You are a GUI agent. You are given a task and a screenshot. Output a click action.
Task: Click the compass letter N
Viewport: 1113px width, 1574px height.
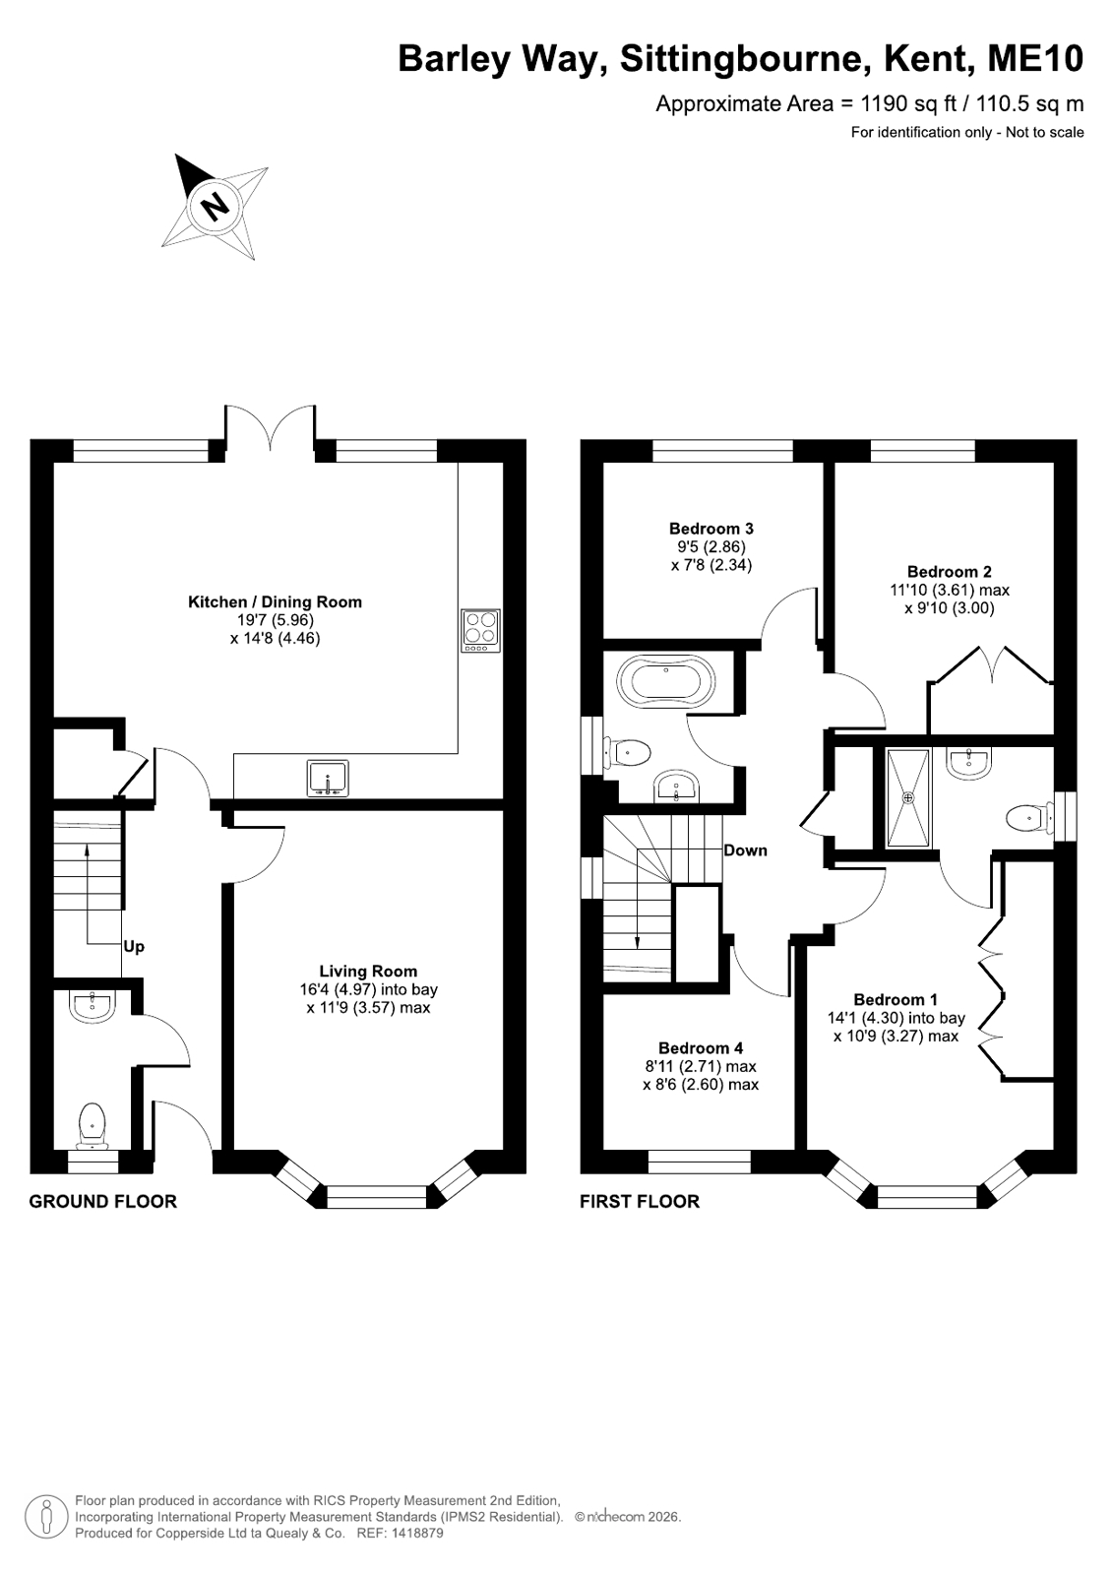pos(215,206)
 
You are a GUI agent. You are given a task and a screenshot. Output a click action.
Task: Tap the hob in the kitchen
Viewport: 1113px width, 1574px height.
pos(480,630)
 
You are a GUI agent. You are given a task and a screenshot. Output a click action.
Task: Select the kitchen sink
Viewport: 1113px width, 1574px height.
pos(328,779)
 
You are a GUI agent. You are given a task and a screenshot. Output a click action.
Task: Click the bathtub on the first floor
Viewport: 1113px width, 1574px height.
pos(665,680)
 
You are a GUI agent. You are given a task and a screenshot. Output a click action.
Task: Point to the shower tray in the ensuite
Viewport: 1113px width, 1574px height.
pos(908,798)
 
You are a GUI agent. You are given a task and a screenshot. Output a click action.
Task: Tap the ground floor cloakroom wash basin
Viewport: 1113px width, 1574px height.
pos(93,1006)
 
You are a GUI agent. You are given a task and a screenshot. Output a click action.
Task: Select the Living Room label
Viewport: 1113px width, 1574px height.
pos(368,972)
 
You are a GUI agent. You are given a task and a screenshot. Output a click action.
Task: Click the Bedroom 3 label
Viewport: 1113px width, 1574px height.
pos(711,529)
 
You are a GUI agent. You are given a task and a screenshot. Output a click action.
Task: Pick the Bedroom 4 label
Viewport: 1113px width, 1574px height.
pos(701,1047)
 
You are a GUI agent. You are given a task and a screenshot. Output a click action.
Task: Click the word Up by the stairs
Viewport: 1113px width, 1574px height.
pos(134,947)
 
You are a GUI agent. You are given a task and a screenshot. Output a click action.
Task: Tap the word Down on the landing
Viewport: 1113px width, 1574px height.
pos(746,850)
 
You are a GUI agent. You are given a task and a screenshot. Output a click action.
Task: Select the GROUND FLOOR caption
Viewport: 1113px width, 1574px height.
pos(102,1202)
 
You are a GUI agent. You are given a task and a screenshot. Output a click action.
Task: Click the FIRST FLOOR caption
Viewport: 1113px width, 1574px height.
pos(640,1202)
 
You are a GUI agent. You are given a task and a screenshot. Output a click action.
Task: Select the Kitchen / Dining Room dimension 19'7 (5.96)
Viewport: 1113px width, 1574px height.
pos(275,620)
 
